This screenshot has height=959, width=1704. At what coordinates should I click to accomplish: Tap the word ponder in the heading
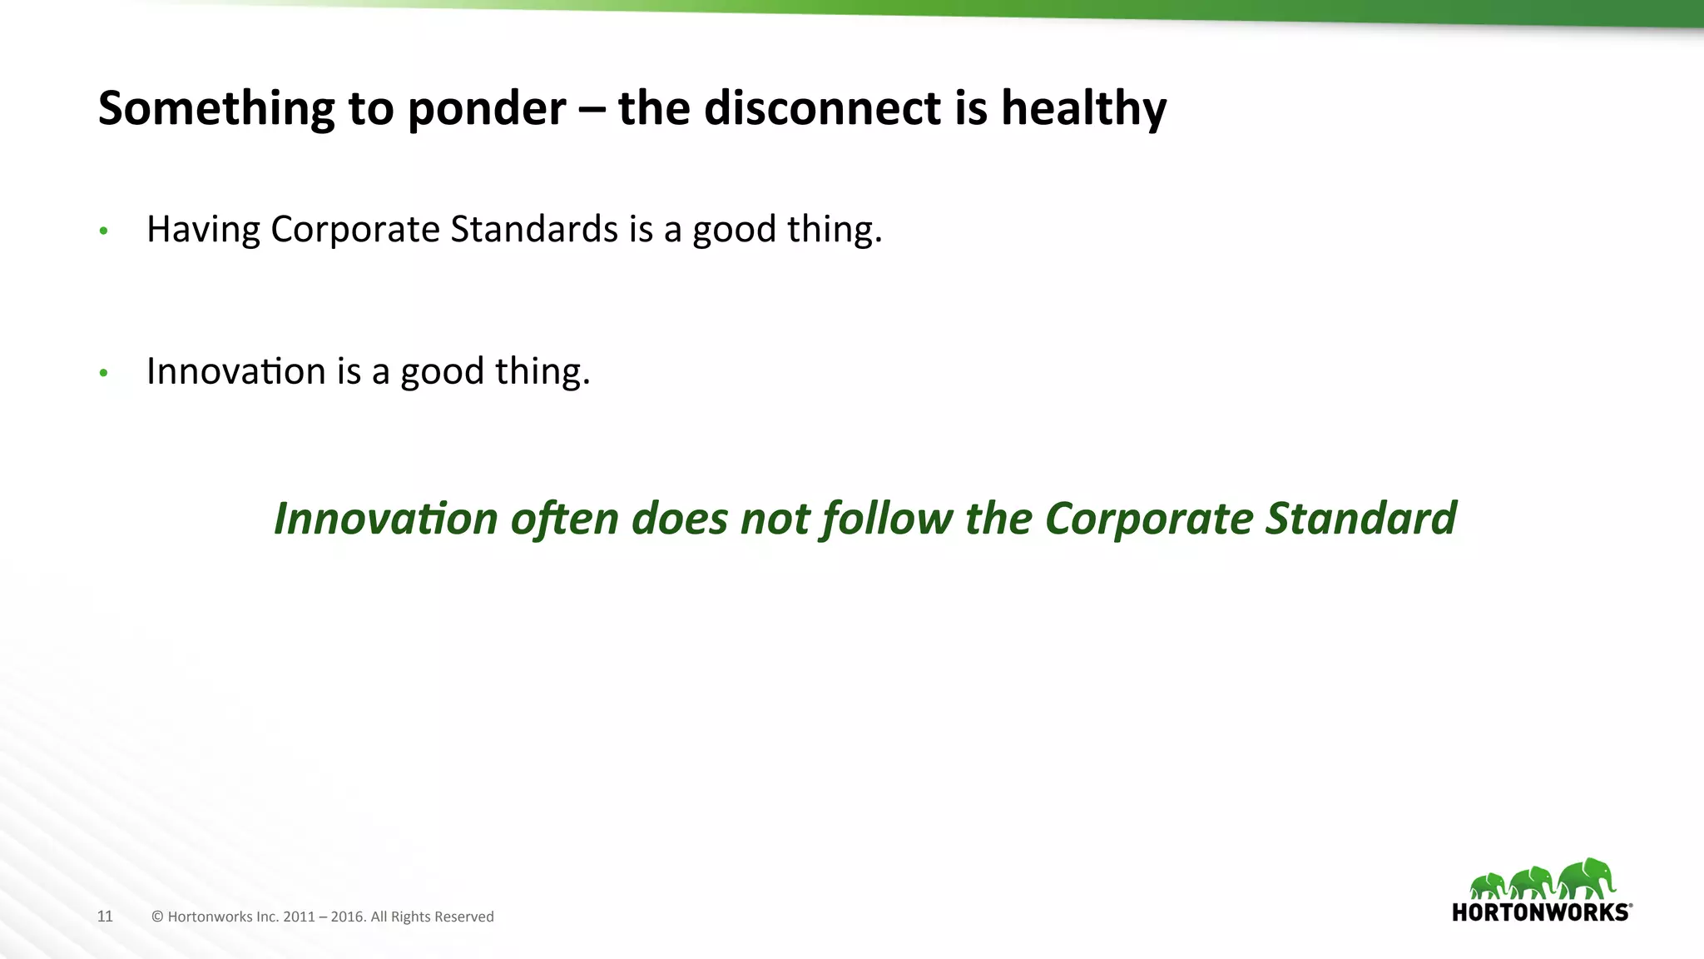coord(487,110)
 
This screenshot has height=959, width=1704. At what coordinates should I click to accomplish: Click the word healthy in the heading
coord(1083,110)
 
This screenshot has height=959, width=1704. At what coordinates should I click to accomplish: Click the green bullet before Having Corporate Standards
coord(103,231)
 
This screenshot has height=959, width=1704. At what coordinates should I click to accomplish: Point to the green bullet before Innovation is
coord(103,373)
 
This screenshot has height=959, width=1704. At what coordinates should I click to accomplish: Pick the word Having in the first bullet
coord(202,231)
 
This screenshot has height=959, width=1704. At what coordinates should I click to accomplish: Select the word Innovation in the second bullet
coord(235,371)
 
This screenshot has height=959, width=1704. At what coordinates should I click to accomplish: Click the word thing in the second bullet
coord(542,372)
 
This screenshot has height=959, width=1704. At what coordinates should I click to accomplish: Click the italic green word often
coord(564,519)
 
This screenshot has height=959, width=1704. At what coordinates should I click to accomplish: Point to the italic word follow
coord(887,519)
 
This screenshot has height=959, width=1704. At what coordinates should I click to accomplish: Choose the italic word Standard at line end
coord(1360,519)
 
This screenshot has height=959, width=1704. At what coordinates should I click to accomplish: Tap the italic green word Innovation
coord(385,519)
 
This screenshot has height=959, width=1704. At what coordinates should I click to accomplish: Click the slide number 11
coord(105,917)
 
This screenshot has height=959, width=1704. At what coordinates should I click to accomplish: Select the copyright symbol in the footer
coord(157,917)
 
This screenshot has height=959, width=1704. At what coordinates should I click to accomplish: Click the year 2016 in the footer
coord(348,917)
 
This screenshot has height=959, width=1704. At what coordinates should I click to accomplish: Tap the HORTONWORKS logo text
coord(1539,912)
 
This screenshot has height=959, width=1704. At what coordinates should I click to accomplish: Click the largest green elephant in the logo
coord(1586,879)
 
